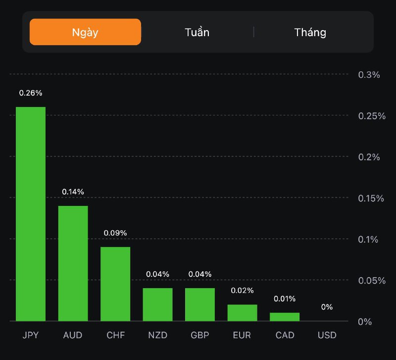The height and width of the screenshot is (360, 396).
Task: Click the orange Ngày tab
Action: click(85, 32)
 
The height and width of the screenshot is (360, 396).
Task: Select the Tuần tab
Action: click(197, 33)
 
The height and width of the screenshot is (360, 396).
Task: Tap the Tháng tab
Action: click(310, 33)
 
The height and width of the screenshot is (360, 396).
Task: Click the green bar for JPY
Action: click(31, 214)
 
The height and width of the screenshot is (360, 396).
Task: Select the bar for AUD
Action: click(73, 263)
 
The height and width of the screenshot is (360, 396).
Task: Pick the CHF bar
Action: click(115, 284)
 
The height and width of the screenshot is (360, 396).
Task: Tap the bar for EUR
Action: click(243, 312)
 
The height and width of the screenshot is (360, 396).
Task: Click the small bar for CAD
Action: click(285, 316)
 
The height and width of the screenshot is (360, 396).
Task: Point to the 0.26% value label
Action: click(31, 93)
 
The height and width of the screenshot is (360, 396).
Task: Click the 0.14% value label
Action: click(73, 192)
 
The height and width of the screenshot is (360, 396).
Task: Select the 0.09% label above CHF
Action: click(115, 233)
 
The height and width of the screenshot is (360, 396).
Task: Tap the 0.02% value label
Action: click(243, 290)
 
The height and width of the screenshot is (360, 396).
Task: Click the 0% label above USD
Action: click(327, 307)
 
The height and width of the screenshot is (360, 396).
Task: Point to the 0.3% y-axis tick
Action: click(369, 75)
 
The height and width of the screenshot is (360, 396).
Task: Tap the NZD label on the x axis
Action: click(158, 335)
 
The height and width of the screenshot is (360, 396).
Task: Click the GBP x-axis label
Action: click(200, 335)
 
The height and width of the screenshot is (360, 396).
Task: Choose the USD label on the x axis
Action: click(327, 335)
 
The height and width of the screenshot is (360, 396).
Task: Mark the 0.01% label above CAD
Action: click(285, 299)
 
